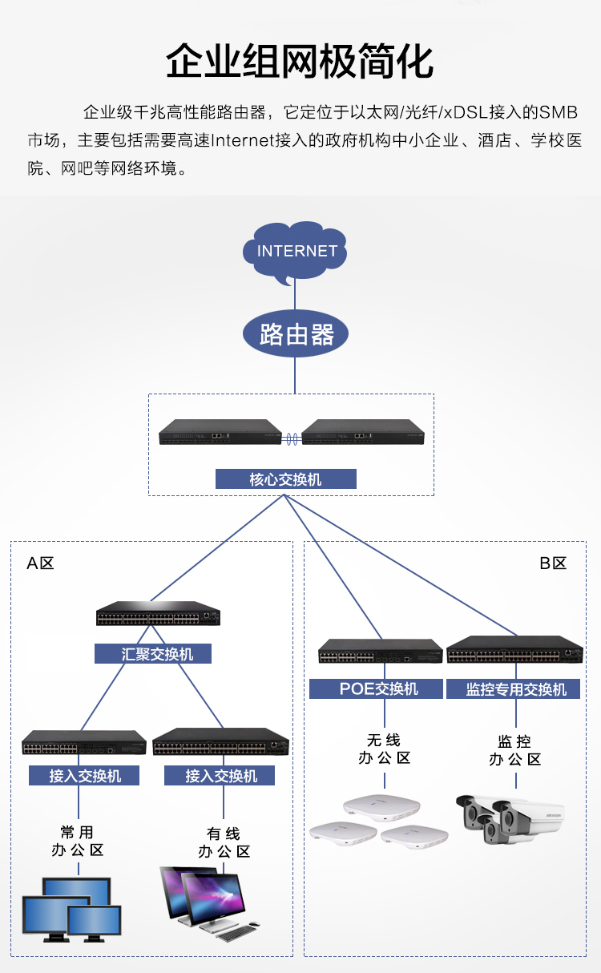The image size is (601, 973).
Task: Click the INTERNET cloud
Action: tap(296, 252)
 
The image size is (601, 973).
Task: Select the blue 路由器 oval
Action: tap(296, 334)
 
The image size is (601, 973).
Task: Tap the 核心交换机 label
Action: tap(285, 479)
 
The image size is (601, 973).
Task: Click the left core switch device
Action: tap(220, 432)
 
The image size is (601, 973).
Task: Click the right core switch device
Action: tap(363, 432)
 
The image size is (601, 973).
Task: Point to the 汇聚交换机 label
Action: tap(155, 654)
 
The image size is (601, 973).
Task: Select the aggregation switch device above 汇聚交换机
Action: tap(158, 614)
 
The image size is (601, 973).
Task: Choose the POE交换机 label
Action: tap(376, 689)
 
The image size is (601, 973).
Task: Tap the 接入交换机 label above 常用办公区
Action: tap(84, 776)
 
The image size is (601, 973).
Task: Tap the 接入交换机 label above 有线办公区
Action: tap(220, 776)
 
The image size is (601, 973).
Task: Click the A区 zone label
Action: tap(40, 563)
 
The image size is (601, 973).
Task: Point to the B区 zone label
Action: tap(553, 563)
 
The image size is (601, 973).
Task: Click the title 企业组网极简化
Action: tap(300, 63)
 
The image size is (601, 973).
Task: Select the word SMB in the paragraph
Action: tap(557, 111)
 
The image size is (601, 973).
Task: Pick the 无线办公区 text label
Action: tap(383, 749)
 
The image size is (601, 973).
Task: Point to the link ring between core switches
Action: tap(292, 438)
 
